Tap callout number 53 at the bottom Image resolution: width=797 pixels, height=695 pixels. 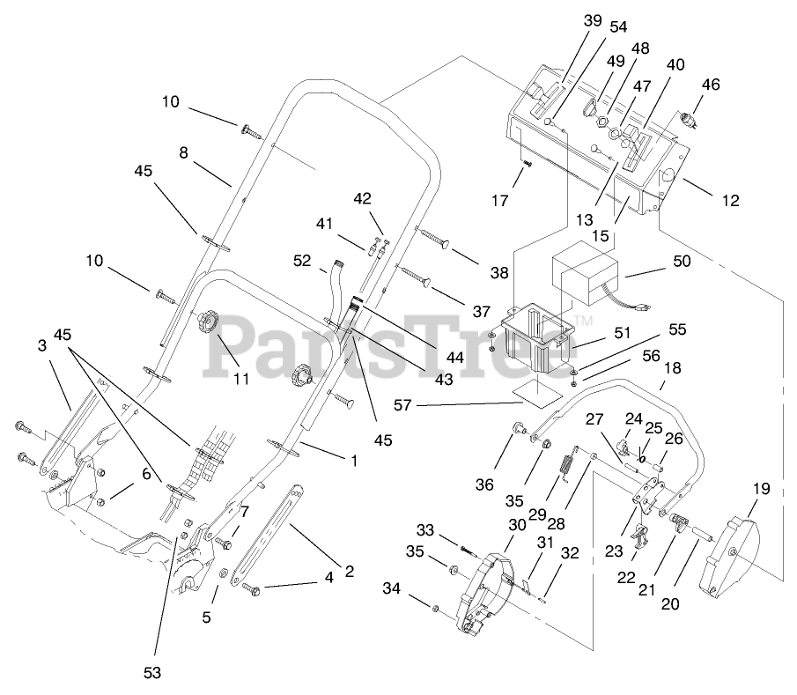click(x=153, y=673)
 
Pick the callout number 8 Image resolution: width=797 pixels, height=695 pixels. click(x=183, y=152)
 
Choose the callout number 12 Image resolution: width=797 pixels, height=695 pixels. click(x=731, y=201)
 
